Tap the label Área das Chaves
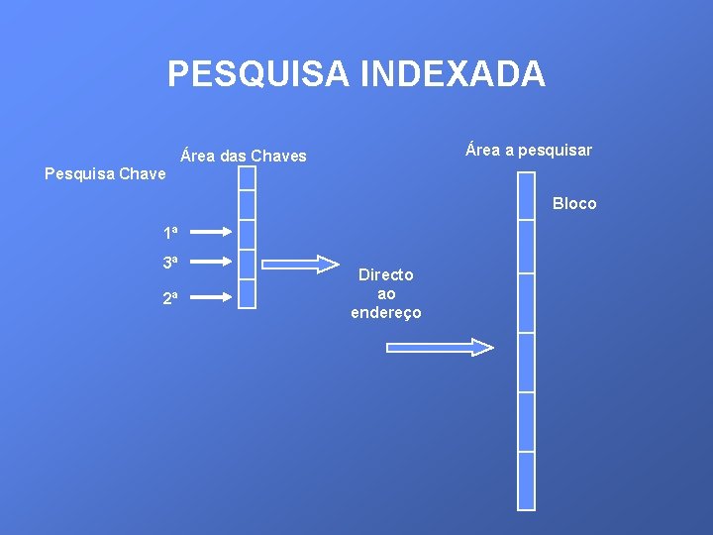(244, 156)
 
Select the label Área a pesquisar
(529, 150)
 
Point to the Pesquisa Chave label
(106, 174)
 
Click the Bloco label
(574, 203)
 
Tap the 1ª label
(171, 233)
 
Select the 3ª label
(171, 263)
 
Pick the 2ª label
(171, 295)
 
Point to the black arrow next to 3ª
(210, 263)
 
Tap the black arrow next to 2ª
(210, 295)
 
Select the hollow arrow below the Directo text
(439, 347)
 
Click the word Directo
(386, 274)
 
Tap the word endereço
(386, 313)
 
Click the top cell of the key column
(247, 178)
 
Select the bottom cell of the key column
(247, 294)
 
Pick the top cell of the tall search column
(526, 196)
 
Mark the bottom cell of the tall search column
(526, 481)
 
